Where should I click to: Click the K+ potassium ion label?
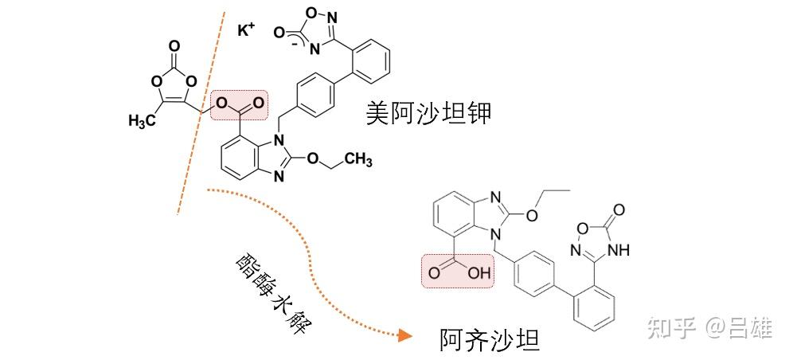tap(246, 30)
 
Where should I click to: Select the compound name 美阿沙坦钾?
tap(428, 112)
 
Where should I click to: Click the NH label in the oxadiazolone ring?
tap(618, 249)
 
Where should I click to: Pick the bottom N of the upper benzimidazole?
tap(278, 177)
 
